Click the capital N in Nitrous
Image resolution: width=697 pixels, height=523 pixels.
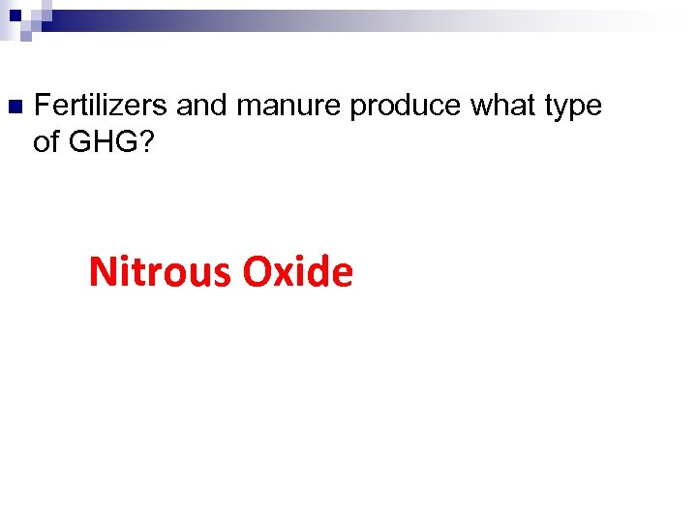point(101,272)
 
